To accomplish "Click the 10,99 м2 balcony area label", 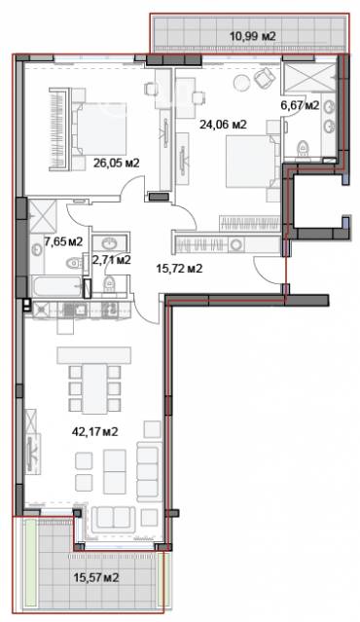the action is coord(252,36).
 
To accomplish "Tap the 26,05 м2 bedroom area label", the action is coord(116,163).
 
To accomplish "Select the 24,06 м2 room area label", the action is coord(223,125).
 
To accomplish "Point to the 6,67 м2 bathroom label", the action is coord(300,105).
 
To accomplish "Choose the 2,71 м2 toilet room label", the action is coord(112,260).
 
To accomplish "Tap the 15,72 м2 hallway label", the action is coord(179,269).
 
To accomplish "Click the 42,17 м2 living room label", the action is coord(94,431).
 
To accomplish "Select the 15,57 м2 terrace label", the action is coord(96,577).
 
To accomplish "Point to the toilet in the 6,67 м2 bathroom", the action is coord(303,148).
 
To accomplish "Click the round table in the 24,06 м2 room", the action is coord(241,82).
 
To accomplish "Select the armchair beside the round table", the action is coord(264,78).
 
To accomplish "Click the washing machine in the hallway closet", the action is coord(236,244).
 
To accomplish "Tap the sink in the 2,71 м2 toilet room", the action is coord(109,242).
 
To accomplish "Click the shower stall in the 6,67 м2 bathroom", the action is coord(309,77).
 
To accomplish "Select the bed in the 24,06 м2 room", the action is coord(252,161).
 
